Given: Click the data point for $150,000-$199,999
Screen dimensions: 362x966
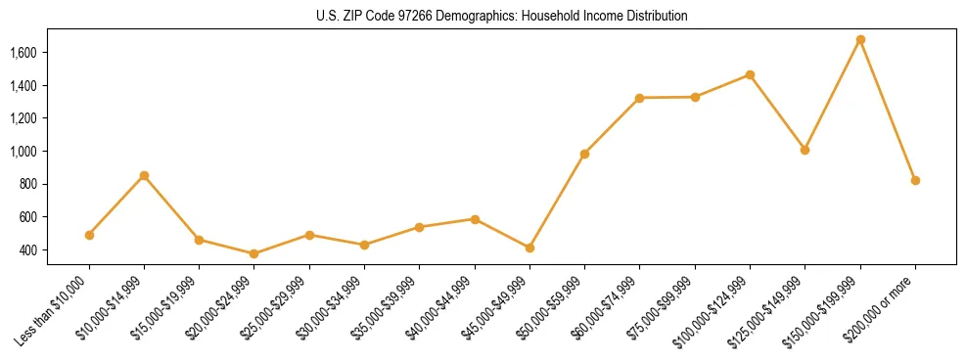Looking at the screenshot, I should point(860,40).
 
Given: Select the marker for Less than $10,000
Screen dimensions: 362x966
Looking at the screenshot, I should point(89,235).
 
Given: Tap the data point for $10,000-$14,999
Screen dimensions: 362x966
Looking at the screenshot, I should point(144,176).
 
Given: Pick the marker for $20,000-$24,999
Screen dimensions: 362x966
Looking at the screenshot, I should point(254,253).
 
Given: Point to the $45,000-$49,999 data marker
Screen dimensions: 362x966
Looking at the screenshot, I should point(529,248).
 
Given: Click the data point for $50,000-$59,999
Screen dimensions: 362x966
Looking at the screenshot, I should point(584,154).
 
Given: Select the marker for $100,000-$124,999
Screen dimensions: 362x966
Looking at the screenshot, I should point(750,74).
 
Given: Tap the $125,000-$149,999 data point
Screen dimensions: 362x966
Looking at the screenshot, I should point(805,150).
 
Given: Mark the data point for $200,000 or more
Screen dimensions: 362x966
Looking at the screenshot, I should point(915,180).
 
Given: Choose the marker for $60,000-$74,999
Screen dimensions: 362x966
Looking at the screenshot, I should point(639,98).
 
